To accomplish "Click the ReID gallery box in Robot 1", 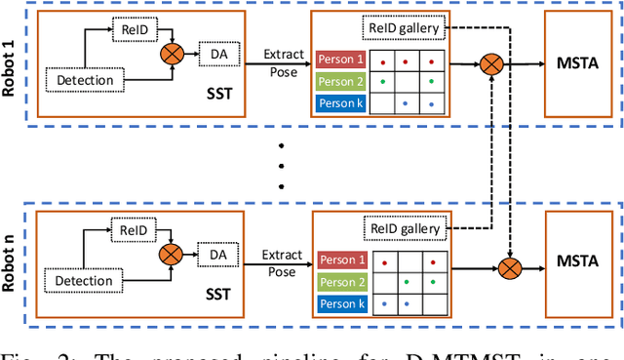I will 405,28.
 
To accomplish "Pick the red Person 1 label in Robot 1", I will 340,60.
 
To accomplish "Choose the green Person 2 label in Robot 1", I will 340,81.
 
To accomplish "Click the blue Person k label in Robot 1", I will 340,103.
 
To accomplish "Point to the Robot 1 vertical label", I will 12,64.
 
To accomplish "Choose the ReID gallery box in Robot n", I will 405,229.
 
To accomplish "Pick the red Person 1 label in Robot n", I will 340,260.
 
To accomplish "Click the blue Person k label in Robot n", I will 340,303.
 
